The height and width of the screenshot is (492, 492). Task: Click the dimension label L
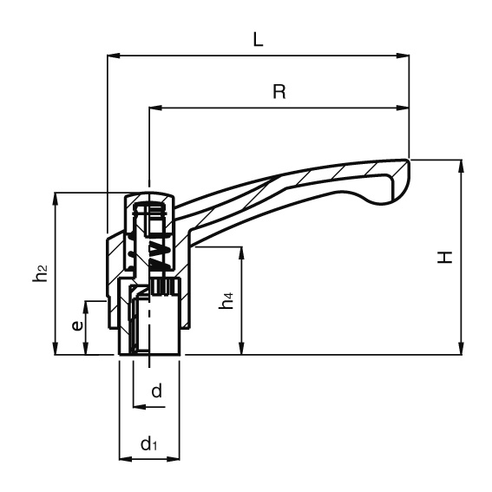pyautogui.click(x=258, y=40)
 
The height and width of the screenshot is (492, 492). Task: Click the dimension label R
pyautogui.click(x=279, y=92)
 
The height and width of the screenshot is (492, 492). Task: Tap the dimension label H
pyautogui.click(x=445, y=257)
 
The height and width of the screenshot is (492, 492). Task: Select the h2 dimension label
pyautogui.click(x=40, y=272)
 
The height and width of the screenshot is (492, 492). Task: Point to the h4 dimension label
pyautogui.click(x=226, y=300)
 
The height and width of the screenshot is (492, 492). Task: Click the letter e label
pyautogui.click(x=77, y=325)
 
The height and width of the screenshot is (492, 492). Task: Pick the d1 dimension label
pyautogui.click(x=148, y=443)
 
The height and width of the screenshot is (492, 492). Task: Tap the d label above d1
pyautogui.click(x=156, y=390)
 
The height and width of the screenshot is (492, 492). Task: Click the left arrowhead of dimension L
pyautogui.click(x=114, y=56)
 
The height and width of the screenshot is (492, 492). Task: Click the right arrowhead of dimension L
pyautogui.click(x=403, y=56)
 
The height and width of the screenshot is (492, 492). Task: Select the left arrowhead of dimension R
pyautogui.click(x=155, y=108)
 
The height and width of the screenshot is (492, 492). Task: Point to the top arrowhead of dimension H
pyautogui.click(x=461, y=167)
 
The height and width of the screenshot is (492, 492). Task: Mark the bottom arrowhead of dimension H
pyautogui.click(x=461, y=348)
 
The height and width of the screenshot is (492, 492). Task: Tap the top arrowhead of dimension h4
pyautogui.click(x=241, y=253)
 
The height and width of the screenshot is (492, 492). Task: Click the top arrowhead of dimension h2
pyautogui.click(x=56, y=199)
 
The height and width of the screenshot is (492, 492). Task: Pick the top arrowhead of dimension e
pyautogui.click(x=85, y=307)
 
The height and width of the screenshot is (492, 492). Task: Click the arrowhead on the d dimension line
pyautogui.click(x=140, y=407)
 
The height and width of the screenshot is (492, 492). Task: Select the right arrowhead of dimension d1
pyautogui.click(x=174, y=459)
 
